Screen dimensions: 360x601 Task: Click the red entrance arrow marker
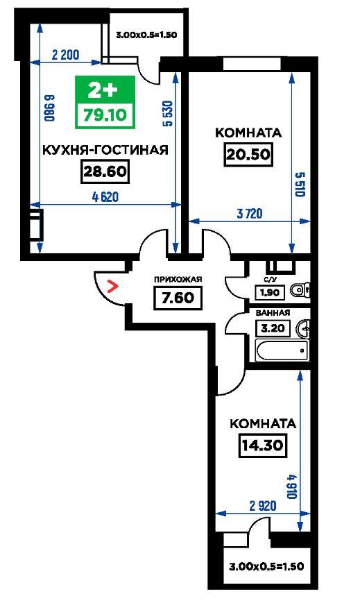click(112, 286)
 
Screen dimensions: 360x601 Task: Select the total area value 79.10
click(105, 115)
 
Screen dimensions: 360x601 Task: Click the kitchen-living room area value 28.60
click(105, 171)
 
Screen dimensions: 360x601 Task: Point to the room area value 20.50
click(248, 155)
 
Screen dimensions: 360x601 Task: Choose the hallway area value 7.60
click(178, 298)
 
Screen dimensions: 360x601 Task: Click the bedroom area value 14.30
click(263, 446)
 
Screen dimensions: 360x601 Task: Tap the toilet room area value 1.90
click(271, 293)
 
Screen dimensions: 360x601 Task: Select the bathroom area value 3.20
click(273, 328)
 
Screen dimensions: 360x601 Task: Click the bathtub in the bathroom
click(282, 350)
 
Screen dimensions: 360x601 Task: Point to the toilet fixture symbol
click(300, 290)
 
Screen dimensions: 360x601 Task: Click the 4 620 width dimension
click(105, 197)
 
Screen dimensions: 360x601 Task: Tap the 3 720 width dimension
click(250, 214)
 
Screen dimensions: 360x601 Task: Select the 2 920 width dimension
click(263, 505)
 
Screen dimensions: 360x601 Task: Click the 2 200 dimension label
click(65, 55)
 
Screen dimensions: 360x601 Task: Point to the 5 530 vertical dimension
click(168, 113)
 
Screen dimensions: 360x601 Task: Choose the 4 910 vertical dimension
click(292, 486)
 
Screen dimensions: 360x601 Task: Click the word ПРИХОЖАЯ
click(178, 280)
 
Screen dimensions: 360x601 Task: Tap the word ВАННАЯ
click(273, 313)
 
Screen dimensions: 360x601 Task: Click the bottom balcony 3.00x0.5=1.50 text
click(266, 566)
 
